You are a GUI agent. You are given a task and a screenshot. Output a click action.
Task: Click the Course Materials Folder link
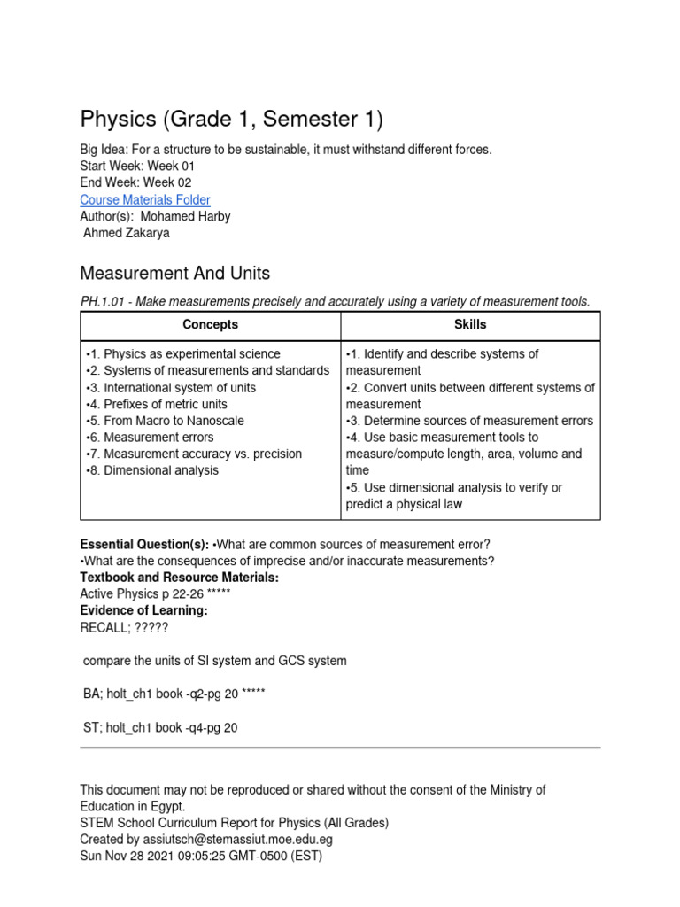[x=145, y=200]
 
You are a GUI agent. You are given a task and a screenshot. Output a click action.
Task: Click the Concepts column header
[x=210, y=325]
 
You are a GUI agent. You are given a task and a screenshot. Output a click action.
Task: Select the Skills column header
[x=470, y=325]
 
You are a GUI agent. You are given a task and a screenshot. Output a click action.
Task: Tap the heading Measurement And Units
[x=175, y=273]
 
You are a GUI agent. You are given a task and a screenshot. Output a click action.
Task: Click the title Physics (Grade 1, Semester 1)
[x=232, y=119]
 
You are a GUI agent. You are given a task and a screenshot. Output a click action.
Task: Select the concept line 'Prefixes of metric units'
[x=157, y=404]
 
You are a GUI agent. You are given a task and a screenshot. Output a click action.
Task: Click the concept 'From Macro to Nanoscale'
[x=165, y=421]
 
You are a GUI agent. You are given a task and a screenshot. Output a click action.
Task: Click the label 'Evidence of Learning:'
[x=143, y=610]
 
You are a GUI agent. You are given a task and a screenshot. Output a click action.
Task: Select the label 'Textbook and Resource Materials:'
[x=179, y=578]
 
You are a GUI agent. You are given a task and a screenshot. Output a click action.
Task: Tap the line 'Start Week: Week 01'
[x=137, y=167]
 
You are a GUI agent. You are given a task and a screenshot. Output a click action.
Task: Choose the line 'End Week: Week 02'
[x=135, y=183]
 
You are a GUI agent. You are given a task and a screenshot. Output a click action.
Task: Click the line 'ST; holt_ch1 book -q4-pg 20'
[x=159, y=728]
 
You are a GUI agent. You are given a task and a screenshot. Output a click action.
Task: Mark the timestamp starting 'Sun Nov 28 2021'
[x=201, y=856]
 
